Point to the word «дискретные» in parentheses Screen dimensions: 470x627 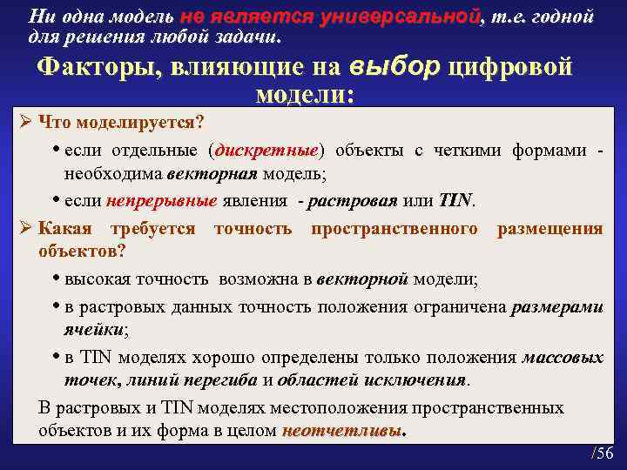click(x=271, y=151)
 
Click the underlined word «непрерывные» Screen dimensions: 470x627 click(x=162, y=201)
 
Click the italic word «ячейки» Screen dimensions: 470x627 click(x=95, y=330)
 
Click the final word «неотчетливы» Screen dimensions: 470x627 click(x=343, y=431)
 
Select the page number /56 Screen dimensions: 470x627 click(x=602, y=453)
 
